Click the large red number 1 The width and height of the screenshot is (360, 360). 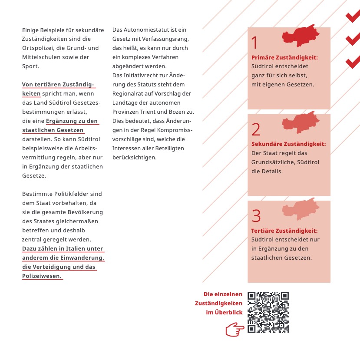click(254, 43)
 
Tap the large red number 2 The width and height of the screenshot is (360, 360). click(256, 129)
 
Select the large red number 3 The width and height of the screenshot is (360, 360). click(256, 216)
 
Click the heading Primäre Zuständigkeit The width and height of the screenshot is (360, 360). click(284, 58)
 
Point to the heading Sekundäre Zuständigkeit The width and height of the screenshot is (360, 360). click(288, 144)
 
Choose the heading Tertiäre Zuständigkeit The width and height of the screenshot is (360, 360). click(284, 231)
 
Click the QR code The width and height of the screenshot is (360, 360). click(268, 312)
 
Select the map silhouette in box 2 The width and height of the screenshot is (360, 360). click(301, 122)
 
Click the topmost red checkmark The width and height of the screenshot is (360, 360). click(352, 17)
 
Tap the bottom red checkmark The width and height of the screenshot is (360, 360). click(352, 62)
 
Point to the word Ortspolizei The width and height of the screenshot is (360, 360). click(39, 48)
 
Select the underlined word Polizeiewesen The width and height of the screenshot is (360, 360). click(42, 276)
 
